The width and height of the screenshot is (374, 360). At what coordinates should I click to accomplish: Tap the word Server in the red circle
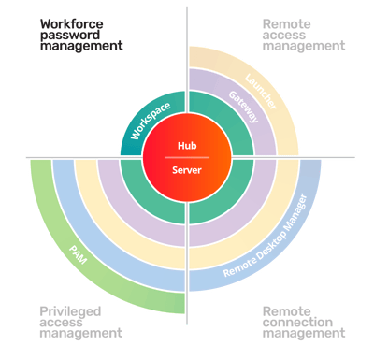point(188,169)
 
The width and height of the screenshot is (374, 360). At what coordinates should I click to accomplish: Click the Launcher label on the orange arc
point(261,91)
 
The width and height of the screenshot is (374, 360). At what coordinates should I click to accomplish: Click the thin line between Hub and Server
point(188,157)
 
